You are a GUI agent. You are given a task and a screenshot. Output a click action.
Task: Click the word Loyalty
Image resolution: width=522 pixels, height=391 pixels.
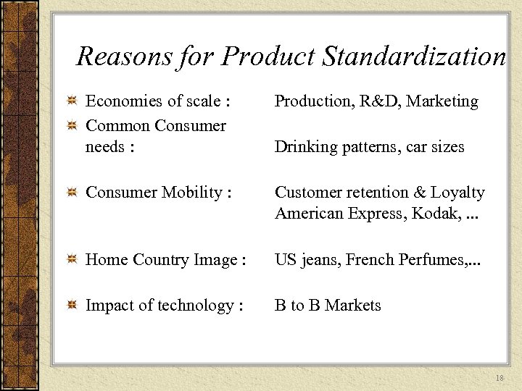tap(457, 193)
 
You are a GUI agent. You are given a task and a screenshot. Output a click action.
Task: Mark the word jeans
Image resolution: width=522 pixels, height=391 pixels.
tap(318, 260)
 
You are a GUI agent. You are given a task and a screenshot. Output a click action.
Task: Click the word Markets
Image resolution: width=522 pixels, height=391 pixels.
tap(353, 306)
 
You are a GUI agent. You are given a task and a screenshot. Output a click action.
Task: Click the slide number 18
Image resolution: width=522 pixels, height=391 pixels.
tap(500, 379)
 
